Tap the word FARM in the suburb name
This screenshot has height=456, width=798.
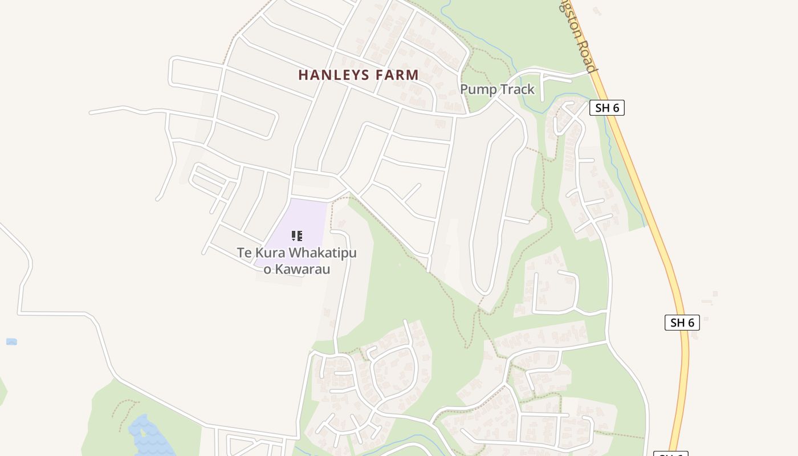(397, 75)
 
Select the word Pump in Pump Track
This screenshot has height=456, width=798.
(478, 89)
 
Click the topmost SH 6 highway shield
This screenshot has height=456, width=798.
(606, 108)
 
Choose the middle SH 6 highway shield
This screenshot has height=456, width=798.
(682, 322)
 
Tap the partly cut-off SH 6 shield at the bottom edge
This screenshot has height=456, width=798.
(670, 454)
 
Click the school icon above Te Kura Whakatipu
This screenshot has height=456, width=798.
(296, 235)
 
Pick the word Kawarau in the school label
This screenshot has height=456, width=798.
(303, 269)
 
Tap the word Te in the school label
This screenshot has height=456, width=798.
(245, 253)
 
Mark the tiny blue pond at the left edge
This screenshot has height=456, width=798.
(11, 341)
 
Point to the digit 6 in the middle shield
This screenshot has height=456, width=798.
(691, 323)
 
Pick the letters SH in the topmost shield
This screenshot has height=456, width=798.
(602, 108)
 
